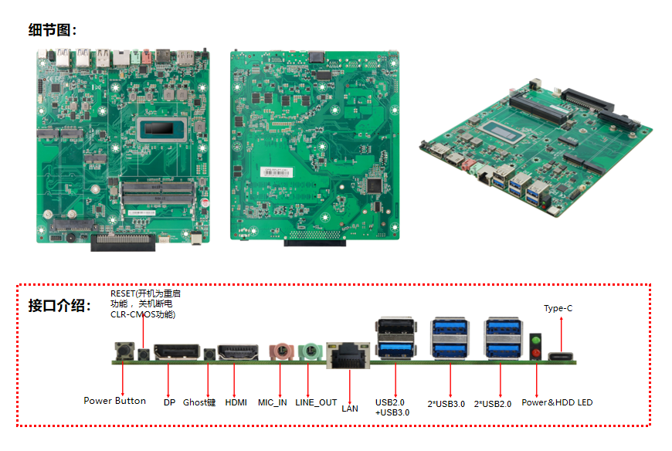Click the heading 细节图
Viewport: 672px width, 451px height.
pos(53,30)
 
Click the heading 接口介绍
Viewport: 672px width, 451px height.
pos(59,305)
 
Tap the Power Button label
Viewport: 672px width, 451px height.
pos(114,401)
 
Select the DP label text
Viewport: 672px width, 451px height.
pos(169,402)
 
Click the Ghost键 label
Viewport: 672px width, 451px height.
pos(199,402)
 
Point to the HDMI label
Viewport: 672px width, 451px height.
pos(236,402)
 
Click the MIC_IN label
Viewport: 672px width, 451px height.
pos(272,402)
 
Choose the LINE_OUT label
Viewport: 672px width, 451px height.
pos(316,402)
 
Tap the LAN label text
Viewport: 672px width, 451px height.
pos(349,409)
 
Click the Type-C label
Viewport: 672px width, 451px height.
pos(558,308)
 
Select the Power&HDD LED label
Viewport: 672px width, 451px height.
pos(557,402)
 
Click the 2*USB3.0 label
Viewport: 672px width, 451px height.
pos(446,404)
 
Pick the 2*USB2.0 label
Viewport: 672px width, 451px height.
pos(492,404)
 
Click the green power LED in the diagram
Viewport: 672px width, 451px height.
pos(535,341)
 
